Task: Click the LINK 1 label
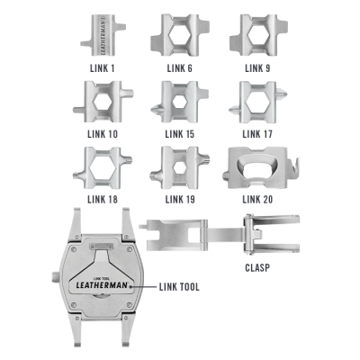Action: pyautogui.click(x=102, y=68)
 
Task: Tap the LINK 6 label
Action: pyautogui.click(x=179, y=68)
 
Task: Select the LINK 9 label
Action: pyautogui.click(x=257, y=68)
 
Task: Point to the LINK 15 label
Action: pyautogui.click(x=179, y=134)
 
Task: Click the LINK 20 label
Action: pyautogui.click(x=257, y=199)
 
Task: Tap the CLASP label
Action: pyautogui.click(x=257, y=267)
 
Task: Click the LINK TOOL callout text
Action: pyautogui.click(x=179, y=287)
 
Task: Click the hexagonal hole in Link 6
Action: pyautogui.click(x=179, y=35)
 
